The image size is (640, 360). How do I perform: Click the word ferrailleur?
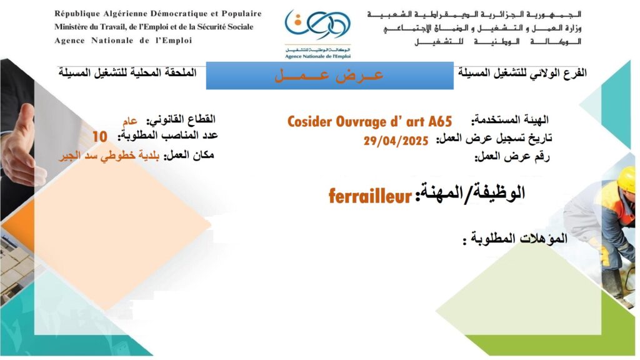(370, 196)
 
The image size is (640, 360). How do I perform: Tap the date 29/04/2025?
(396, 141)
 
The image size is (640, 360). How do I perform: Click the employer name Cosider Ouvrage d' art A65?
(370, 122)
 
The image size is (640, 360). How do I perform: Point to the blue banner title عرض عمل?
(329, 75)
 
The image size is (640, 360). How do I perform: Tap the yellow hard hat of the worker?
(626, 179)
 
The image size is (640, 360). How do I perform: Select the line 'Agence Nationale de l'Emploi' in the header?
(123, 41)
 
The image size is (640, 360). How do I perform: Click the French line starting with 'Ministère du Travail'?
(154, 27)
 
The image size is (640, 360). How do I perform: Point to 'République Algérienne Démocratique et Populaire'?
(158, 14)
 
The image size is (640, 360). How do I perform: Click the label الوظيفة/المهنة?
(470, 192)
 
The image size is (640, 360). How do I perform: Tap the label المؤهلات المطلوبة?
(515, 238)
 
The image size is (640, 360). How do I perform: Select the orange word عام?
(130, 121)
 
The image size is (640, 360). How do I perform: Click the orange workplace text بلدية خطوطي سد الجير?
(109, 157)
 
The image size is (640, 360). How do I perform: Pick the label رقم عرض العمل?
(512, 157)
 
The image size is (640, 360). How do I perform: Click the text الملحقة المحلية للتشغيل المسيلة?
(127, 73)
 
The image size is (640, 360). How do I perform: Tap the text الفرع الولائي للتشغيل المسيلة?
(522, 73)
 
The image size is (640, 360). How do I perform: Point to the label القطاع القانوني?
(181, 120)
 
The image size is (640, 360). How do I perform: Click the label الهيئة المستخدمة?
(510, 120)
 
